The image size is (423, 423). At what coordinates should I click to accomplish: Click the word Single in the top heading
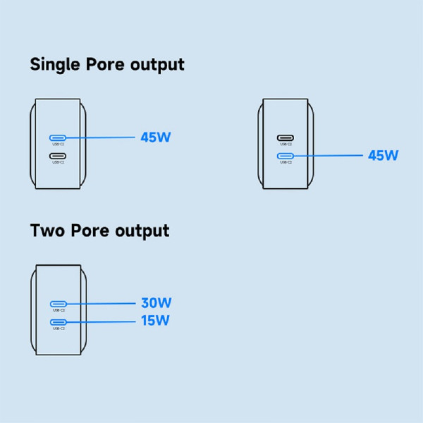tap(57, 65)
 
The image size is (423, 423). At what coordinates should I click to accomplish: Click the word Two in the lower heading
tap(46, 231)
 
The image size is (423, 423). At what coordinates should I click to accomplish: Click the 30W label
tap(156, 303)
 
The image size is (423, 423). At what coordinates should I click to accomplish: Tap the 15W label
tap(156, 321)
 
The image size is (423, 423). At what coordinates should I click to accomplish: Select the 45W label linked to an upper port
tap(155, 137)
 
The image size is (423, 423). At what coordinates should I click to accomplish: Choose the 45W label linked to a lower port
tap(383, 155)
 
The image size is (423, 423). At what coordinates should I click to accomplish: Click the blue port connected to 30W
tap(58, 303)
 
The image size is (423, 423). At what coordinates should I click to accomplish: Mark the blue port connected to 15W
tap(58, 321)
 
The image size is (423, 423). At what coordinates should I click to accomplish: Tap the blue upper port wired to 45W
tap(58, 137)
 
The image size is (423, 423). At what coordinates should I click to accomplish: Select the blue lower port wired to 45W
tap(286, 155)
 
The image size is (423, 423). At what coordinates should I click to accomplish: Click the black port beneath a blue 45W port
tap(58, 155)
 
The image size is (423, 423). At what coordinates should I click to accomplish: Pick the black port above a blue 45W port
tap(286, 137)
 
